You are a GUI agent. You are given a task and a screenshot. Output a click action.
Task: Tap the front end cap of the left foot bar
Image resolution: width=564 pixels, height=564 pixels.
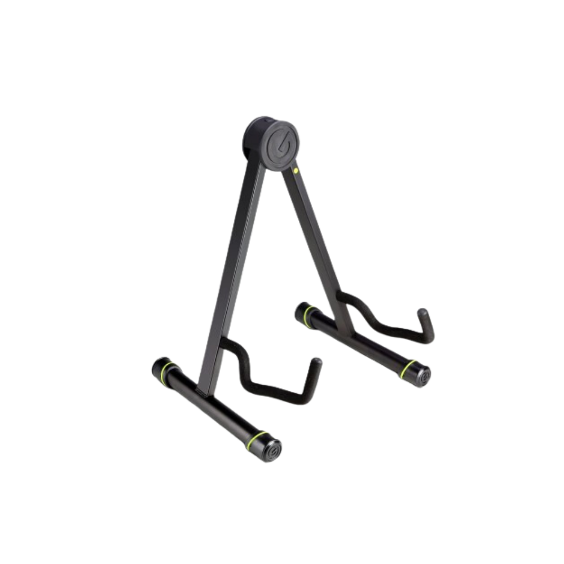pyautogui.click(x=274, y=450)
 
